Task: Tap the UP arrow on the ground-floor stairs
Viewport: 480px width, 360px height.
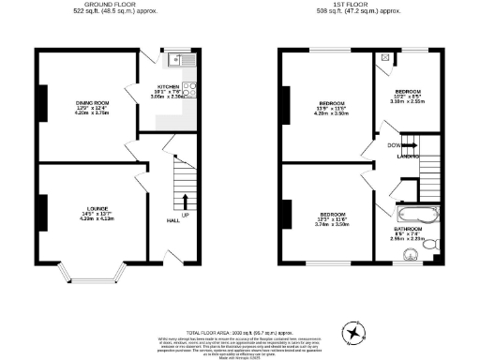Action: tap(184, 201)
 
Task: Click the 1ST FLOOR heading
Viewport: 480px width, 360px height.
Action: tap(359, 6)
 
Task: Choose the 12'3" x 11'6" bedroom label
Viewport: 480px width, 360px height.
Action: tap(332, 220)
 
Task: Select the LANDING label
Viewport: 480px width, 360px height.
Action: tap(407, 156)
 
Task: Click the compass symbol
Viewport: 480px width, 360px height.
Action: tap(353, 331)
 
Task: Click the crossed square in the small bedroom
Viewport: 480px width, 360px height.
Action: tap(385, 57)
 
